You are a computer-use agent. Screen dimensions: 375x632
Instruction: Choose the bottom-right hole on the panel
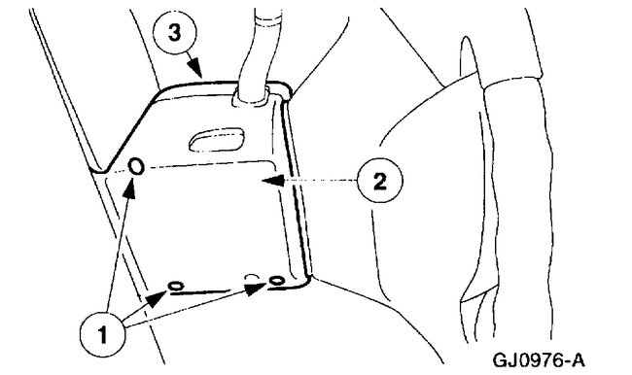[277, 282]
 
